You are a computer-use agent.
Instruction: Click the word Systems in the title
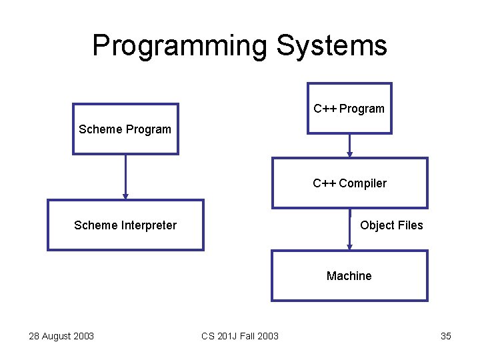pyautogui.click(x=331, y=46)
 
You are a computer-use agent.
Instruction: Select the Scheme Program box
pyautogui.click(x=125, y=129)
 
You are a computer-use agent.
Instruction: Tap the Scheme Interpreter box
pyautogui.click(x=125, y=225)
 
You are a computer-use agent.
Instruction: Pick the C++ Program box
pyautogui.click(x=349, y=109)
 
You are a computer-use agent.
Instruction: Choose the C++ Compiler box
pyautogui.click(x=349, y=183)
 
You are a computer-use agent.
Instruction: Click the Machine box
pyautogui.click(x=349, y=276)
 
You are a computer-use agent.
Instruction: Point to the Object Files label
pyautogui.click(x=391, y=225)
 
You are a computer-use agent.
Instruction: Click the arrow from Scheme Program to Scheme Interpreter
pyautogui.click(x=125, y=176)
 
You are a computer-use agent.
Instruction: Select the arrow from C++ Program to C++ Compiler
pyautogui.click(x=349, y=145)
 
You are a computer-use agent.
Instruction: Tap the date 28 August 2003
pyautogui.click(x=61, y=336)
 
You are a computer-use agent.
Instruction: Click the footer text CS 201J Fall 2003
pyautogui.click(x=240, y=336)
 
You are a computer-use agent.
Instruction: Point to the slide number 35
pyautogui.click(x=446, y=336)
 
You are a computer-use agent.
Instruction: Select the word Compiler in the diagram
pyautogui.click(x=363, y=183)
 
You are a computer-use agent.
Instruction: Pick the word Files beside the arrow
pyautogui.click(x=410, y=225)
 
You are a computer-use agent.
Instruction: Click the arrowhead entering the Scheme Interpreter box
pyautogui.click(x=125, y=196)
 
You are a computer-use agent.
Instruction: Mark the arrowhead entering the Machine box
pyautogui.click(x=349, y=247)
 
